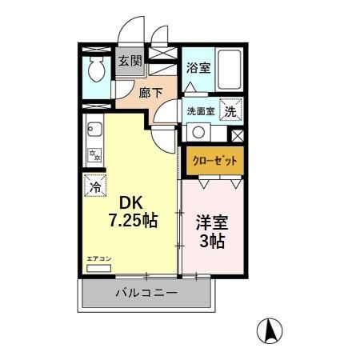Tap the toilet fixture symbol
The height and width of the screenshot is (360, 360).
click(97, 70)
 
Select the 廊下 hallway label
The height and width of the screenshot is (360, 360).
click(151, 93)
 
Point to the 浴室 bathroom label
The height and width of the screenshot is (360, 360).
click(198, 69)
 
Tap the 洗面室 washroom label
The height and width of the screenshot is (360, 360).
click(200, 111)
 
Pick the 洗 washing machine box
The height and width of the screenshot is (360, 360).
click(230, 112)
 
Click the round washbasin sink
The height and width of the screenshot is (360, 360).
click(197, 132)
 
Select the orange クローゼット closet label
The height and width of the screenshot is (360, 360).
click(214, 160)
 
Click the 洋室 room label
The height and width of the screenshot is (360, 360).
click(212, 222)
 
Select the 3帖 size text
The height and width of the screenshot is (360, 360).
click(212, 242)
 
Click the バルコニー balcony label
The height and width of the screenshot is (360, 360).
click(145, 294)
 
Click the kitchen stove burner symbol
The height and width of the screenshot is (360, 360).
click(94, 154)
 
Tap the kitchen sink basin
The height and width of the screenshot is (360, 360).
click(93, 128)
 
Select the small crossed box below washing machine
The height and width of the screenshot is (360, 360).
click(237, 134)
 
